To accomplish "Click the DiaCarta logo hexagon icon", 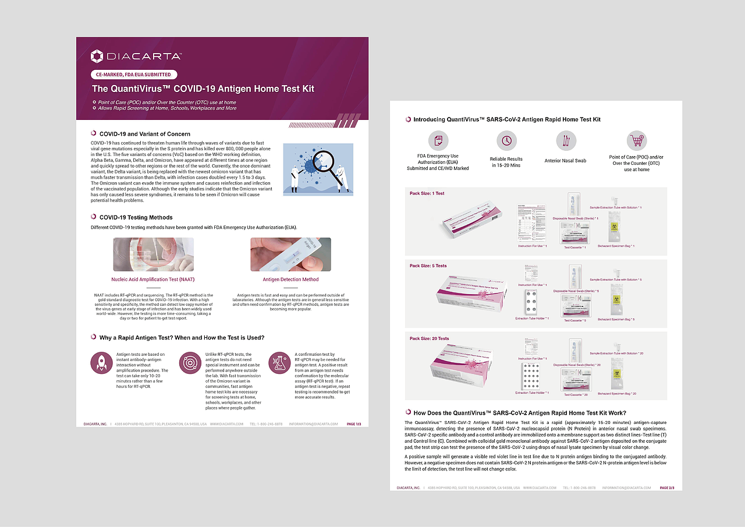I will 97,56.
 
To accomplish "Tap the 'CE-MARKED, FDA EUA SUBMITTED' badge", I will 134,75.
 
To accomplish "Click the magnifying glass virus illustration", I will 318,169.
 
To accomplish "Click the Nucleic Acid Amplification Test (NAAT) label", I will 153,280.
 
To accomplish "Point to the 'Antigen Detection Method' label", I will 290,280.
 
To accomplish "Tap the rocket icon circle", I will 101,362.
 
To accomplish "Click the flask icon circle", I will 279,362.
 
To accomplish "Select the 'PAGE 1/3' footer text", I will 354,424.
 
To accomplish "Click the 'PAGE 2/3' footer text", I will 666,487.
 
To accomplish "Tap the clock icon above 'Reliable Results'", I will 506,140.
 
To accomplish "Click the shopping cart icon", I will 636,140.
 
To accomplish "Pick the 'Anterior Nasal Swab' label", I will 565,161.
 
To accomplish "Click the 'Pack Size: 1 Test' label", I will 427,193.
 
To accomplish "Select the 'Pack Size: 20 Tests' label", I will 430,338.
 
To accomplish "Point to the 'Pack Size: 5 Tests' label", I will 428,266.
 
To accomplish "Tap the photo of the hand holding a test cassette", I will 290,254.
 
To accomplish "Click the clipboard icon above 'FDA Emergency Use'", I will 438,140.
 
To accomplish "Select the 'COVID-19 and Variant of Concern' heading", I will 144,134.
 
